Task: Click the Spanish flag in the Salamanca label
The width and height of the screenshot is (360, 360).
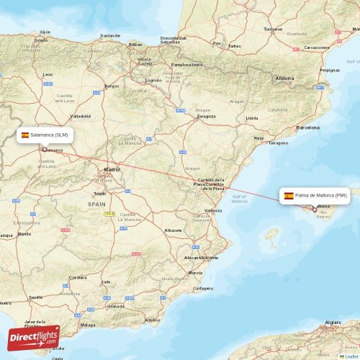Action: (25, 135)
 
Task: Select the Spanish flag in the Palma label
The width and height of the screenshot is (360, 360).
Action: (289, 195)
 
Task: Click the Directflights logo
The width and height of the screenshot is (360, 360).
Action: (33, 337)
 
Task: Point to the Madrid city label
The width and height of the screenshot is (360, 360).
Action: (112, 170)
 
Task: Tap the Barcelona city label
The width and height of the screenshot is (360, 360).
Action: (313, 127)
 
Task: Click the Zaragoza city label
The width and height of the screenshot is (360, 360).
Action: (206, 115)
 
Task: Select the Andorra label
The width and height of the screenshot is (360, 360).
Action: (285, 78)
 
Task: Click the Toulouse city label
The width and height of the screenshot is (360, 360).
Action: (273, 29)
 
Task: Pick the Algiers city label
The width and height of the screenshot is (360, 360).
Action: (333, 322)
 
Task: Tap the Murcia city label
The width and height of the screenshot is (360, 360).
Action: (195, 273)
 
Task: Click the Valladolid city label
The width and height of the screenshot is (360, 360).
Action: (80, 115)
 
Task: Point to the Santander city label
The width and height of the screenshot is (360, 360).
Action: (110, 35)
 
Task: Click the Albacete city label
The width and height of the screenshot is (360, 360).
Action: (173, 230)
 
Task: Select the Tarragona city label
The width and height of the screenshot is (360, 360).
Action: (278, 143)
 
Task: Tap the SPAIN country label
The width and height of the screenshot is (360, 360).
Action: (96, 204)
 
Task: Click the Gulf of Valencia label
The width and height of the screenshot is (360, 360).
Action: (239, 198)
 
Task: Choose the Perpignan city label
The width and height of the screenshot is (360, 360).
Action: (330, 71)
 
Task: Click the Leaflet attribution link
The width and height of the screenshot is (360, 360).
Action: (351, 356)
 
